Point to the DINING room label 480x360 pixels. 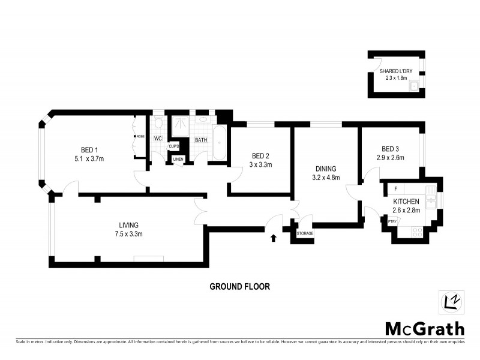click(324, 169)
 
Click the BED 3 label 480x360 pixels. click(390, 149)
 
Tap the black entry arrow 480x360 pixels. click(274, 238)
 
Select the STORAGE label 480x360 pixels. click(305, 233)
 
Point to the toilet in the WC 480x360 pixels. click(158, 123)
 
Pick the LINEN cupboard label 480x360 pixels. click(178, 159)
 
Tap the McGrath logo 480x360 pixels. click(424, 329)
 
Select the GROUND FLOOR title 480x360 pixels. click(239, 287)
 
